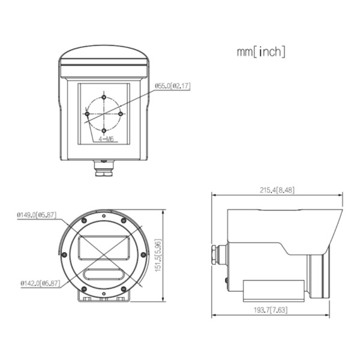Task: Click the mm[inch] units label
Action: (261, 52)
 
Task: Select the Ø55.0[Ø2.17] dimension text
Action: (173, 86)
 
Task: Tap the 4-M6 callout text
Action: (106, 139)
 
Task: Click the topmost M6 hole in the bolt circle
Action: (104, 97)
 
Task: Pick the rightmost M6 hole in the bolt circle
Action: (121, 113)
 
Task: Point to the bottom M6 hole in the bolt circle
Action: (104, 130)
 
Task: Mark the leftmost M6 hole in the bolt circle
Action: (88, 113)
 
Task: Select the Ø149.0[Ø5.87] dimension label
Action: (37, 214)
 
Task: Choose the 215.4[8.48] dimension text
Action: (277, 190)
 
